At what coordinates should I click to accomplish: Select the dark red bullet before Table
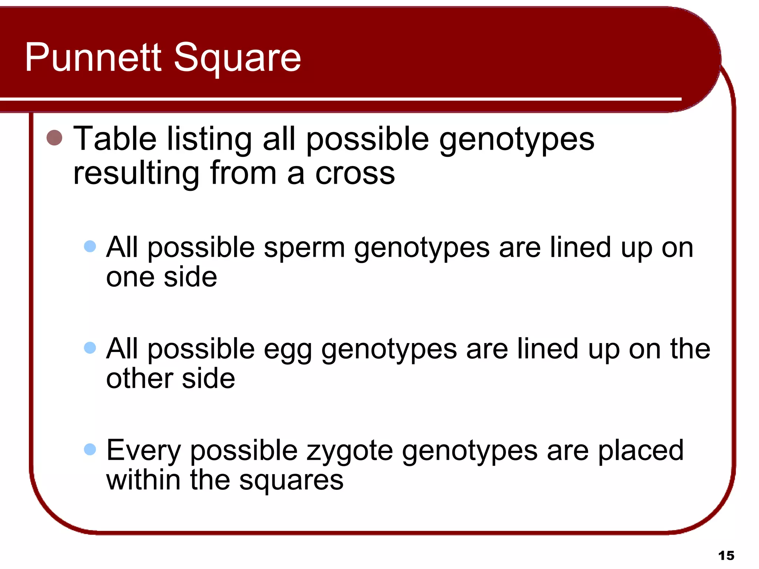[54, 138]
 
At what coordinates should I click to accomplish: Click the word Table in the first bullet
[115, 139]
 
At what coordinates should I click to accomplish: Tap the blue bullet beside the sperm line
[90, 246]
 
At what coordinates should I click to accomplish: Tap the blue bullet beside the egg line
[90, 347]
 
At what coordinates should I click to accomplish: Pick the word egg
[288, 350]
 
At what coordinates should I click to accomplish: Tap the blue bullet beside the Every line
[90, 449]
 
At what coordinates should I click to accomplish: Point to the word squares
[291, 480]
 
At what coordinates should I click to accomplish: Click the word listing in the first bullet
[209, 139]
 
